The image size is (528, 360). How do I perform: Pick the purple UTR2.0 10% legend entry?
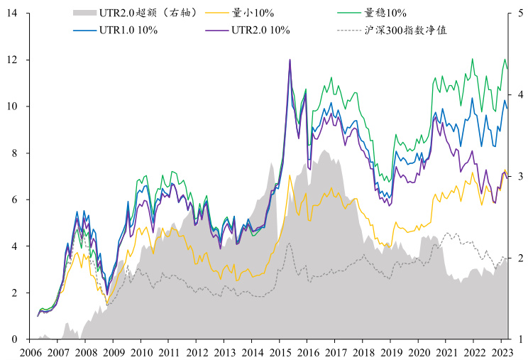click(260, 30)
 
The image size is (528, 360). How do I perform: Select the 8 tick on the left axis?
click(14, 153)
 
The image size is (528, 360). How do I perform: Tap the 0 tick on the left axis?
click(14, 339)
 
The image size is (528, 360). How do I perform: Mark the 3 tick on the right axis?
click(519, 177)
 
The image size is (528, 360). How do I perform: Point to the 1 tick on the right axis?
click(519, 339)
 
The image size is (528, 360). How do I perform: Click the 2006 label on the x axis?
click(31, 352)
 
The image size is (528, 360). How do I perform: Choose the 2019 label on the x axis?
click(391, 352)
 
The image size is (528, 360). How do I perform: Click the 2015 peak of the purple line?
click(290, 60)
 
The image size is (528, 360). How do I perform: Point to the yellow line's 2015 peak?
click(290, 175)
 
